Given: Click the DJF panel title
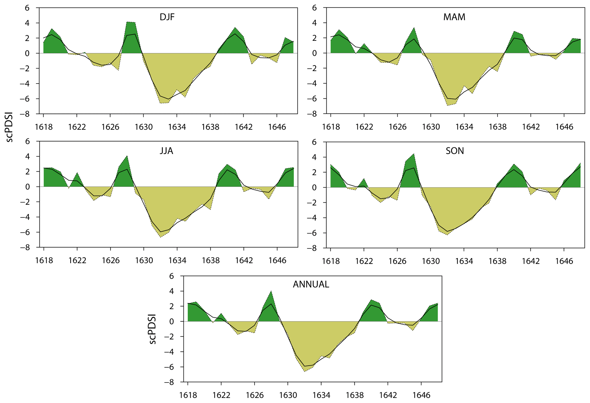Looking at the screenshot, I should pyautogui.click(x=167, y=17).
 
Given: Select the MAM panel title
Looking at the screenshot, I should pyautogui.click(x=454, y=17).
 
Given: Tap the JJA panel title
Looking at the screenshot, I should pyautogui.click(x=166, y=151).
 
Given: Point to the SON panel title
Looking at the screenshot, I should pyautogui.click(x=455, y=151).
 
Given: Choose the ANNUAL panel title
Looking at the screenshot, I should pyautogui.click(x=311, y=284).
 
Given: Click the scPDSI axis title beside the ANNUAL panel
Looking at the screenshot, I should pyautogui.click(x=152, y=329).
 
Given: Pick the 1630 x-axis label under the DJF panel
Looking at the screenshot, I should pyautogui.click(x=144, y=127).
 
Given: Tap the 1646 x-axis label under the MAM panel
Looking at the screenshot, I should pyautogui.click(x=564, y=127).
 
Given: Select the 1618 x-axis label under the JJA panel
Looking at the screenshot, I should pyautogui.click(x=44, y=260).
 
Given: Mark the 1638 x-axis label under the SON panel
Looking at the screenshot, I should pyautogui.click(x=497, y=261).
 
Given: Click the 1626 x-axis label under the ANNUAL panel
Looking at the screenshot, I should pyautogui.click(x=255, y=395).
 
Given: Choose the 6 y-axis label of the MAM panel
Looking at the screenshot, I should pyautogui.click(x=314, y=8).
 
